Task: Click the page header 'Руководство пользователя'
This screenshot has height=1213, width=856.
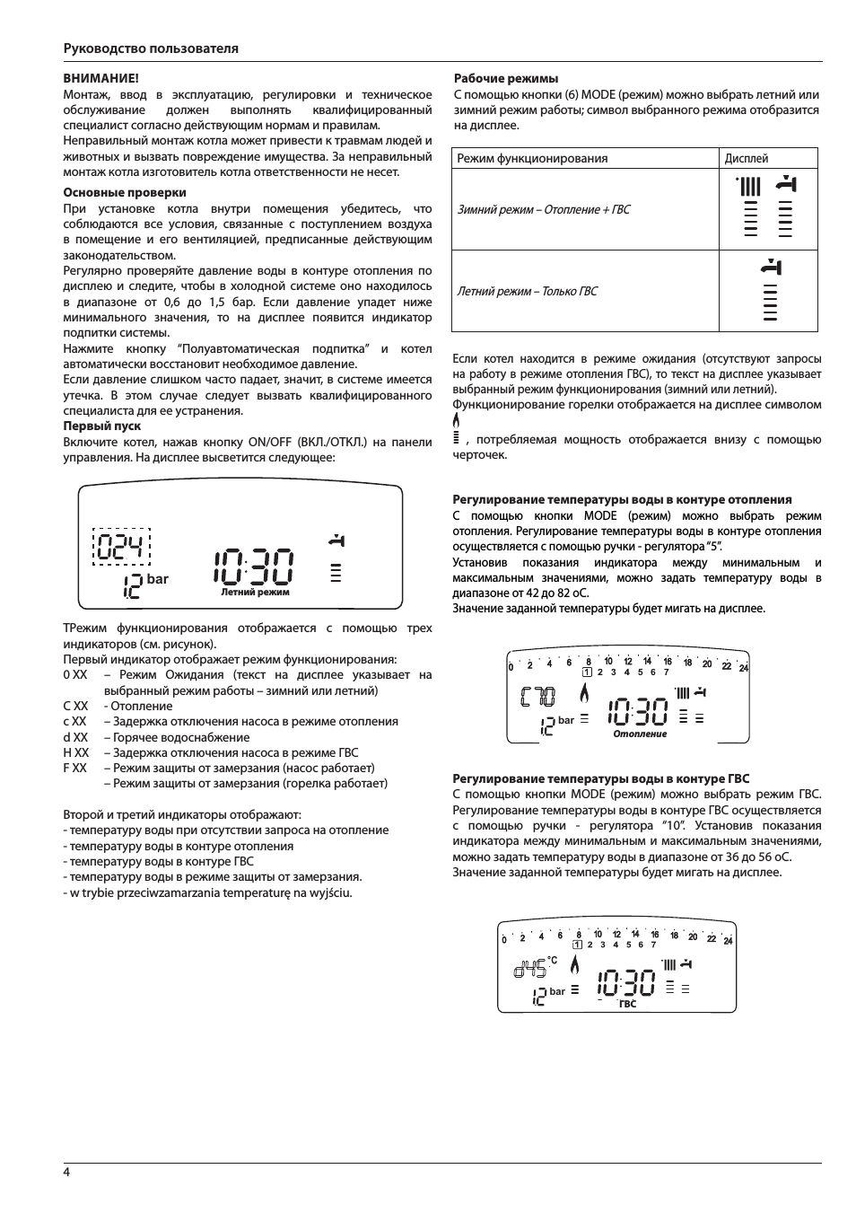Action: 151,48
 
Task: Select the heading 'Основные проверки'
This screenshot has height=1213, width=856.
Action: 125,192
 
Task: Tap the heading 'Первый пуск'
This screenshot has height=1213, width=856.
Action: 101,426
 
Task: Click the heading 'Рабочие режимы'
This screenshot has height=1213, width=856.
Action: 506,79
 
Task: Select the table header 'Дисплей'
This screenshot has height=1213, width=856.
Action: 747,158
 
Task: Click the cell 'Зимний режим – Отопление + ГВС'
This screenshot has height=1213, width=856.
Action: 544,209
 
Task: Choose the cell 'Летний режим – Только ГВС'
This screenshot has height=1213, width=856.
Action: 527,291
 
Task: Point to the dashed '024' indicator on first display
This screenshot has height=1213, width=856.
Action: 122,546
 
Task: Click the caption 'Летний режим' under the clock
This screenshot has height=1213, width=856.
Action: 255,593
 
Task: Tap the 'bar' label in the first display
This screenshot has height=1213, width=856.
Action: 158,579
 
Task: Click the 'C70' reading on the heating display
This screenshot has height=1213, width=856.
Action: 537,697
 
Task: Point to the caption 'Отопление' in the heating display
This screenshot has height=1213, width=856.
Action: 640,734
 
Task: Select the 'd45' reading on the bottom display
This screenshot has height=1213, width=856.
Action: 529,970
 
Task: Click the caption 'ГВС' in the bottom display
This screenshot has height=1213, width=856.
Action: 627,1004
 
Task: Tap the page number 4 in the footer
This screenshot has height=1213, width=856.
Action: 66,1173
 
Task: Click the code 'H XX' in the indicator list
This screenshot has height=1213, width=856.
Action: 76,752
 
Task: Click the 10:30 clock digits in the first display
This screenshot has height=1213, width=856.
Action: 253,564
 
